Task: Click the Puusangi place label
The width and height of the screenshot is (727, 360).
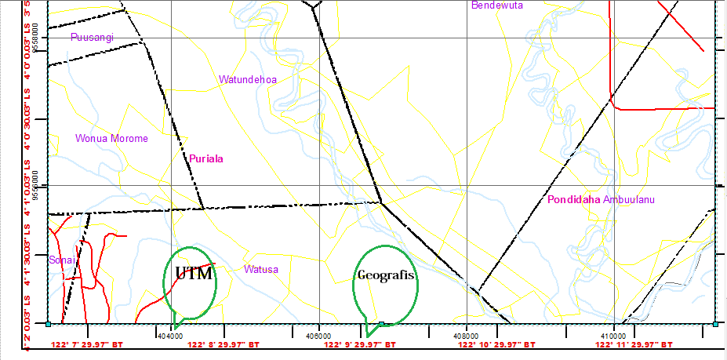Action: pyautogui.click(x=92, y=37)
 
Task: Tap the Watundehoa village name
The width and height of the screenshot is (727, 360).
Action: pyautogui.click(x=247, y=79)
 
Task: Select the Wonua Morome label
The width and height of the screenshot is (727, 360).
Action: pyautogui.click(x=111, y=139)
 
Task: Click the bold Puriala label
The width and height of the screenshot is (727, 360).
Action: pyautogui.click(x=206, y=158)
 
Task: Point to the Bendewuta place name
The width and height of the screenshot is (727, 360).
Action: pyautogui.click(x=496, y=5)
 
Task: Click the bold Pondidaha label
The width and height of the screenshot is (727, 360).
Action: pyautogui.click(x=574, y=199)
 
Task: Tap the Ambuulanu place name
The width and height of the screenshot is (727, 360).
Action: pyautogui.click(x=629, y=199)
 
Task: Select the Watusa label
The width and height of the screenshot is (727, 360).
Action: pyautogui.click(x=261, y=269)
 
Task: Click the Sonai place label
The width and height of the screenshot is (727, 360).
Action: pyautogui.click(x=62, y=260)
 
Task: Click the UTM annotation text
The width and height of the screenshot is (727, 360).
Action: pyautogui.click(x=194, y=274)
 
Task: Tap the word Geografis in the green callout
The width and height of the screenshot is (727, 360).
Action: pyautogui.click(x=385, y=275)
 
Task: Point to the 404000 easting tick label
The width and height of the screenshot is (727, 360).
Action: pyautogui.click(x=171, y=335)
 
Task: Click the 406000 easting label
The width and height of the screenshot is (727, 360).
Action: pyautogui.click(x=318, y=335)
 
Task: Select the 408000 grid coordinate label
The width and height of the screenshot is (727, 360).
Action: pyautogui.click(x=466, y=335)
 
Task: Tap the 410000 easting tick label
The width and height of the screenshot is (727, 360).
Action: pyautogui.click(x=612, y=335)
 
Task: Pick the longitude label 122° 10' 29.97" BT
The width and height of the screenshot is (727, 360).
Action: pyautogui.click(x=497, y=344)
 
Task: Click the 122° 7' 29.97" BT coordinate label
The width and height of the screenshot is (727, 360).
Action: pyautogui.click(x=87, y=344)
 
